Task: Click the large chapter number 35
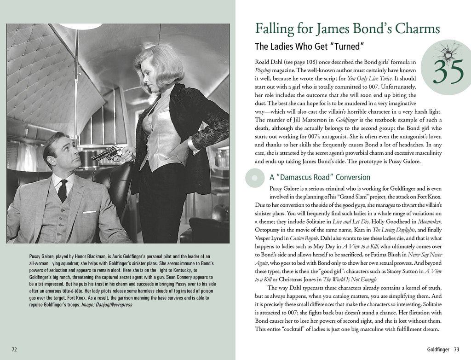click(448, 73)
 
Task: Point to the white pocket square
click(90, 212)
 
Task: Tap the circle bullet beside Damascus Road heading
click(255, 178)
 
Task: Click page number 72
click(14, 349)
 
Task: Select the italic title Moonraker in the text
click(431, 221)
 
